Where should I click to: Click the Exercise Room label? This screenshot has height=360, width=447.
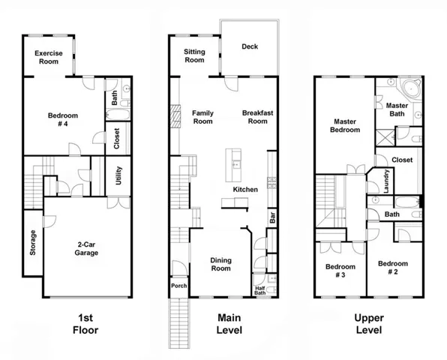49,57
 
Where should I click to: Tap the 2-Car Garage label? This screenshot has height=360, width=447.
86,248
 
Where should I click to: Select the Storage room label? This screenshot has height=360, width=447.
33,242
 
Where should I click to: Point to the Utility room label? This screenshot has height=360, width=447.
118,175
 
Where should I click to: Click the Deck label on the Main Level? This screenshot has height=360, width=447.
250,46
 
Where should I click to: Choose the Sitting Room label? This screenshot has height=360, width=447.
194,55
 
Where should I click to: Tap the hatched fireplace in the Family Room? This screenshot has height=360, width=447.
175,116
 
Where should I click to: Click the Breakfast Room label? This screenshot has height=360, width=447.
258,117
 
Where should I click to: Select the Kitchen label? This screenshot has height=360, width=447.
245,190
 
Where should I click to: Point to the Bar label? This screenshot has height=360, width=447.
272,217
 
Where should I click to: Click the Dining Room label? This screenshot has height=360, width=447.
221,264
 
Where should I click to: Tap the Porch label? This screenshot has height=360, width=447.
179,286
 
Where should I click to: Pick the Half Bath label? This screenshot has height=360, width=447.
260,291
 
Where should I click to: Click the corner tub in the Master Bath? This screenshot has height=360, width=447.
411,88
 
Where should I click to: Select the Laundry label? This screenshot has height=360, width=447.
386,181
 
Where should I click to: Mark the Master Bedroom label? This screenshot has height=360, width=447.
345,126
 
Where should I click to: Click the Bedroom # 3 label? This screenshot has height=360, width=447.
340,271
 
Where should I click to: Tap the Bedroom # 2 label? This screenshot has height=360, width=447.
393,268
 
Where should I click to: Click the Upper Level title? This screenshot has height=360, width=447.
369,324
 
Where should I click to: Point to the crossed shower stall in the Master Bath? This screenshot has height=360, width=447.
385,138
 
